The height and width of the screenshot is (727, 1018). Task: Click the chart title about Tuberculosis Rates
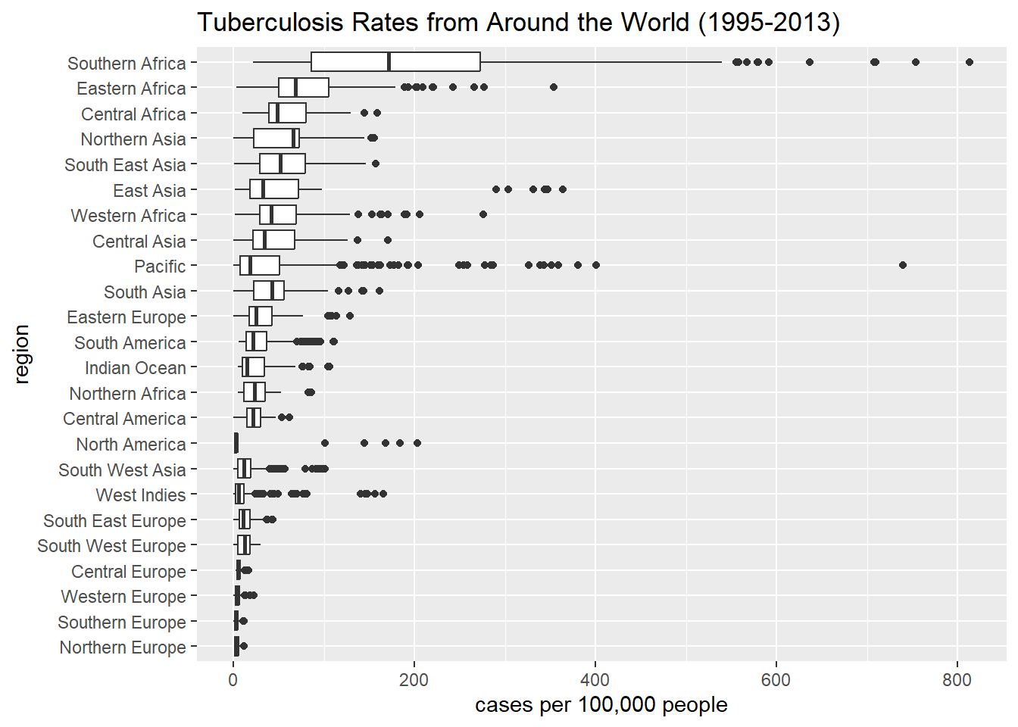(x=518, y=23)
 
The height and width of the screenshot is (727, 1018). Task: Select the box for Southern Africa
(x=395, y=62)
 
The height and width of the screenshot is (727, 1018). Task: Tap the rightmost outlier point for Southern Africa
(x=970, y=62)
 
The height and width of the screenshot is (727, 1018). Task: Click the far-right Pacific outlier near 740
(x=902, y=265)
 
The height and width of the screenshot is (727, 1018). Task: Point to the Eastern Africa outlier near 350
(x=554, y=87)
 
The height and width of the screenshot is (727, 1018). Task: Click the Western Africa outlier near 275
(x=483, y=214)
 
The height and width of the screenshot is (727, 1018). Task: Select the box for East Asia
(x=274, y=189)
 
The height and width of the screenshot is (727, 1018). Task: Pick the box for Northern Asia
(x=276, y=139)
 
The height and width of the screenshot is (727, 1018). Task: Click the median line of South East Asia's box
(x=280, y=164)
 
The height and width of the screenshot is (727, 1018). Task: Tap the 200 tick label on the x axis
(x=414, y=679)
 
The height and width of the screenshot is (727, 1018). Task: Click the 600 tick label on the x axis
(x=776, y=679)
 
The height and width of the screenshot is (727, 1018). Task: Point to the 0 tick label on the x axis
(x=233, y=679)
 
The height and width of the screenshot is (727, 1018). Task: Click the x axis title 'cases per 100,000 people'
(x=601, y=705)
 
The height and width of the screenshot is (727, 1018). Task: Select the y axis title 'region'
(x=21, y=354)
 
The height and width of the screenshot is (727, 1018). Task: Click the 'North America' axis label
(x=130, y=445)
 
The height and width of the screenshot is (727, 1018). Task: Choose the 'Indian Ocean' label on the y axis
(x=135, y=368)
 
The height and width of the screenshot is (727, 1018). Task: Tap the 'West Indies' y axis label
(x=140, y=495)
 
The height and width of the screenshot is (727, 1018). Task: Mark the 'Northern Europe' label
(x=122, y=647)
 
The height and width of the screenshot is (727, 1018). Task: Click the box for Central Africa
(x=287, y=113)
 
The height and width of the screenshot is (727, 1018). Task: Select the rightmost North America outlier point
(x=417, y=443)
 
